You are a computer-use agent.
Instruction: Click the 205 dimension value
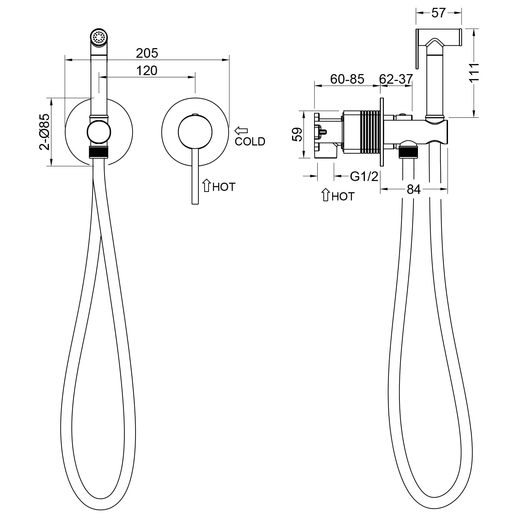click(147, 53)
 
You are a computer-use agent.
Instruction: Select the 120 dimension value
click(147, 71)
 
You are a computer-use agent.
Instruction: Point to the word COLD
click(250, 141)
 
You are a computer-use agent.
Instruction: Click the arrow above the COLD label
click(241, 130)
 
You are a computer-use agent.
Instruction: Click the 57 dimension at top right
click(438, 13)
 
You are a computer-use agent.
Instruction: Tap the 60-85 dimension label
click(347, 79)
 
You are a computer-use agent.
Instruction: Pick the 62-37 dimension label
click(396, 79)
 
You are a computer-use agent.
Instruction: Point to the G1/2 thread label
click(364, 176)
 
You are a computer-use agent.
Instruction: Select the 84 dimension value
click(414, 190)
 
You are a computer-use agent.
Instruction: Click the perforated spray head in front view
click(99, 37)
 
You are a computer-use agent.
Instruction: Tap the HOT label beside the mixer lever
click(224, 187)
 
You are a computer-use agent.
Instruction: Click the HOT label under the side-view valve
click(343, 196)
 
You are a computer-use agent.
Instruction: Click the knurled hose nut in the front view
click(99, 152)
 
